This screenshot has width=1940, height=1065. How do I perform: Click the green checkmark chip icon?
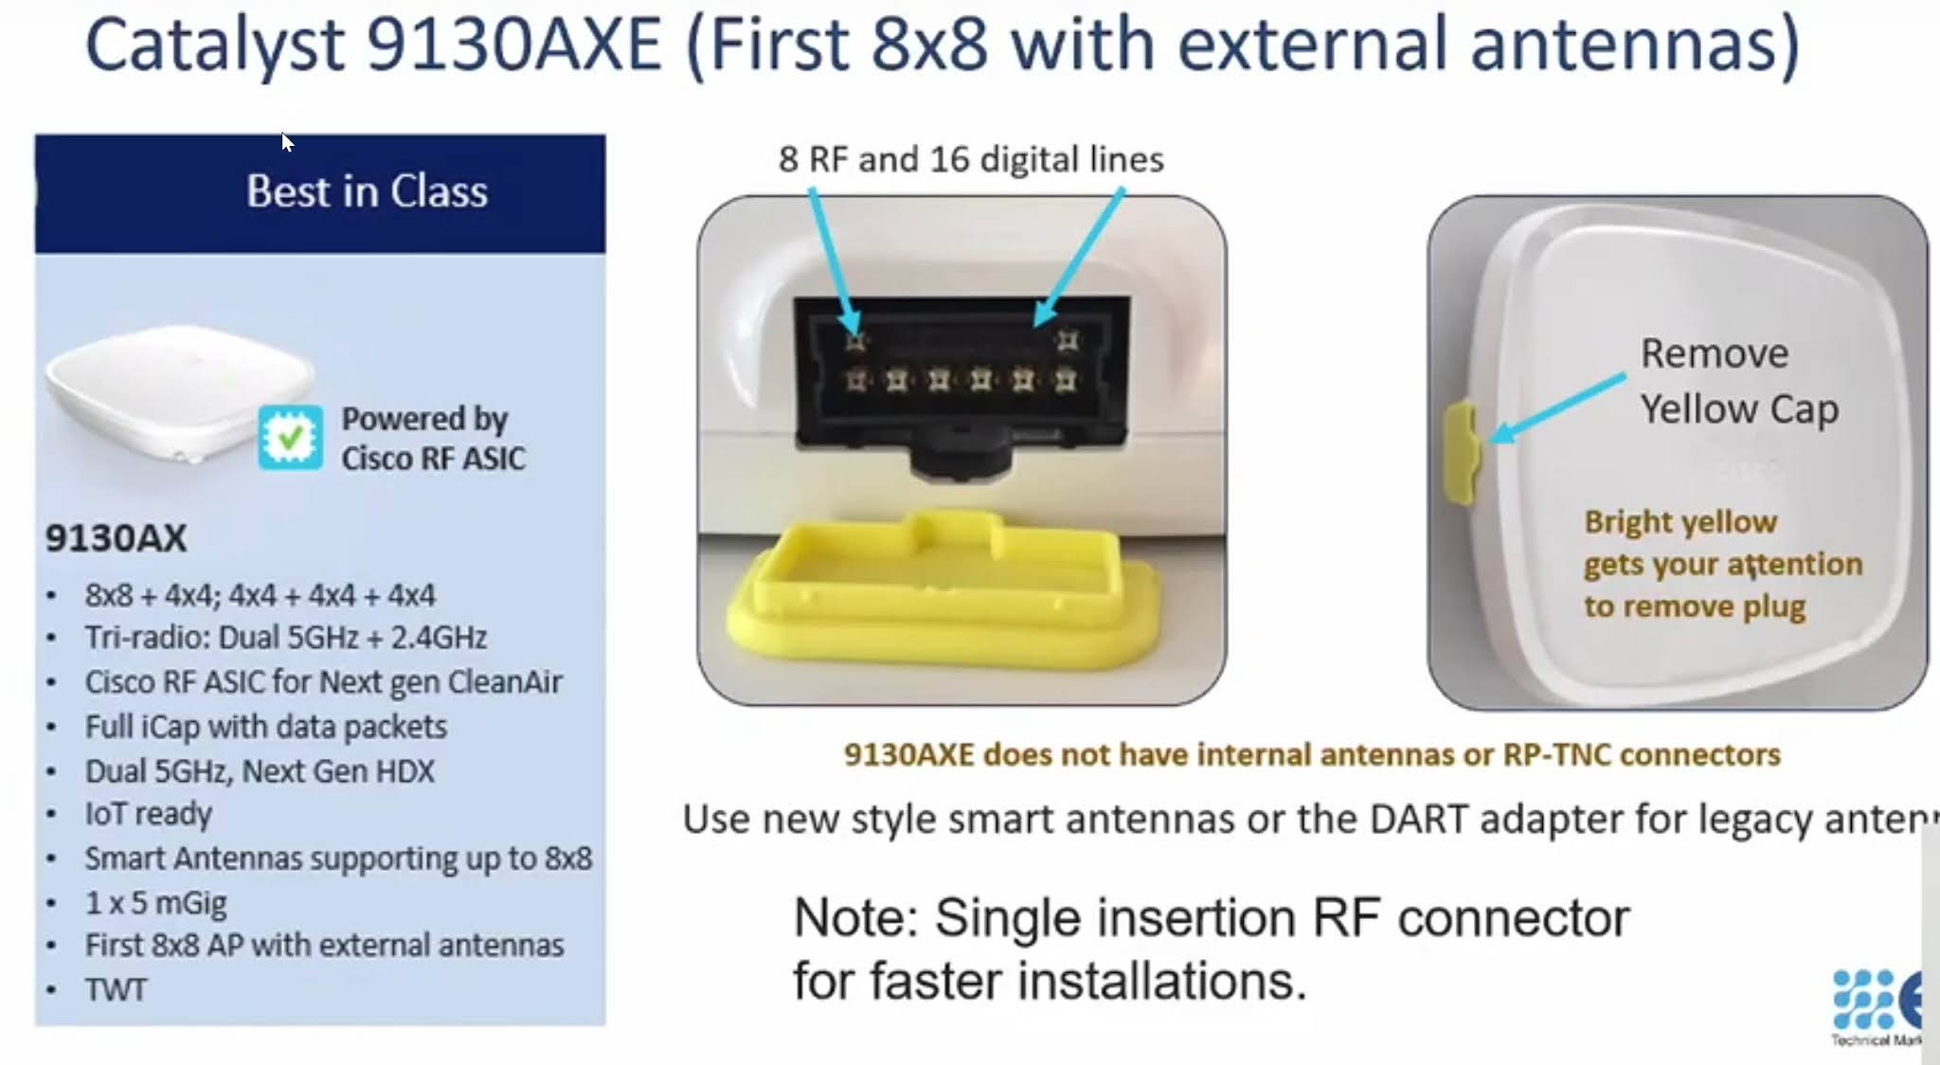tap(290, 437)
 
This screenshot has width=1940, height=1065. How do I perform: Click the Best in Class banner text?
tap(367, 191)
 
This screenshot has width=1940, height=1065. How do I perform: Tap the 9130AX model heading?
tap(116, 538)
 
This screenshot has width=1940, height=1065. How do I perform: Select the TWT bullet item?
tap(116, 989)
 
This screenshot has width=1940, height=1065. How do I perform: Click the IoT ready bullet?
tap(148, 814)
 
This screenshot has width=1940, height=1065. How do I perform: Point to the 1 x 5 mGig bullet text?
tap(155, 902)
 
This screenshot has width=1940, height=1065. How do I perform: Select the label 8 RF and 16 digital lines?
tap(971, 159)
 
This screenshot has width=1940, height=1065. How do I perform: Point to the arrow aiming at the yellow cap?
tap(1558, 407)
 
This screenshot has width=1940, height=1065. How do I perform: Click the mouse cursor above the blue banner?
tap(287, 142)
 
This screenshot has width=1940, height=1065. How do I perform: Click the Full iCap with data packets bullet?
tap(265, 727)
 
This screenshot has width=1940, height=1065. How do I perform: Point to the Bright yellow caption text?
tap(1680, 522)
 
